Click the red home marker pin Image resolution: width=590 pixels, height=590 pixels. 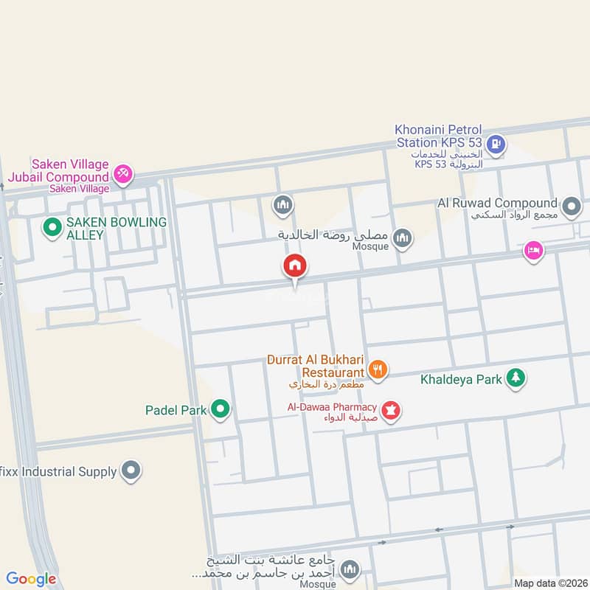[x=295, y=266]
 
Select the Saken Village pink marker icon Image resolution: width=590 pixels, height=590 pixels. [x=123, y=174]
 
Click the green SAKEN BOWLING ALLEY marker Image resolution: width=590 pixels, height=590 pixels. [x=52, y=227]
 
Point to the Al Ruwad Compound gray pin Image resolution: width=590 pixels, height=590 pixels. [x=572, y=207]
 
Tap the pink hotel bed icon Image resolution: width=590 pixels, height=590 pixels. [x=534, y=251]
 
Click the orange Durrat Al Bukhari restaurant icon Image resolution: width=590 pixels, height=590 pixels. [x=379, y=370]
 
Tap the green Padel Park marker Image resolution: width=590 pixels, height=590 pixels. [x=220, y=408]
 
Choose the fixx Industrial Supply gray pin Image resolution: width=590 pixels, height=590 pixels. [x=131, y=470]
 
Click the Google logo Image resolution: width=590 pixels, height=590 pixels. [x=32, y=579]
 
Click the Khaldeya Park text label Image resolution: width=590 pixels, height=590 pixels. [x=461, y=381]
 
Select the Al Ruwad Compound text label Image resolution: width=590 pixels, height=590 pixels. [x=497, y=203]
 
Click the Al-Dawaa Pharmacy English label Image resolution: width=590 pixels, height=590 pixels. [x=333, y=407]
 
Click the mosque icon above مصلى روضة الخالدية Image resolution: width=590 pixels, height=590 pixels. [x=283, y=204]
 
